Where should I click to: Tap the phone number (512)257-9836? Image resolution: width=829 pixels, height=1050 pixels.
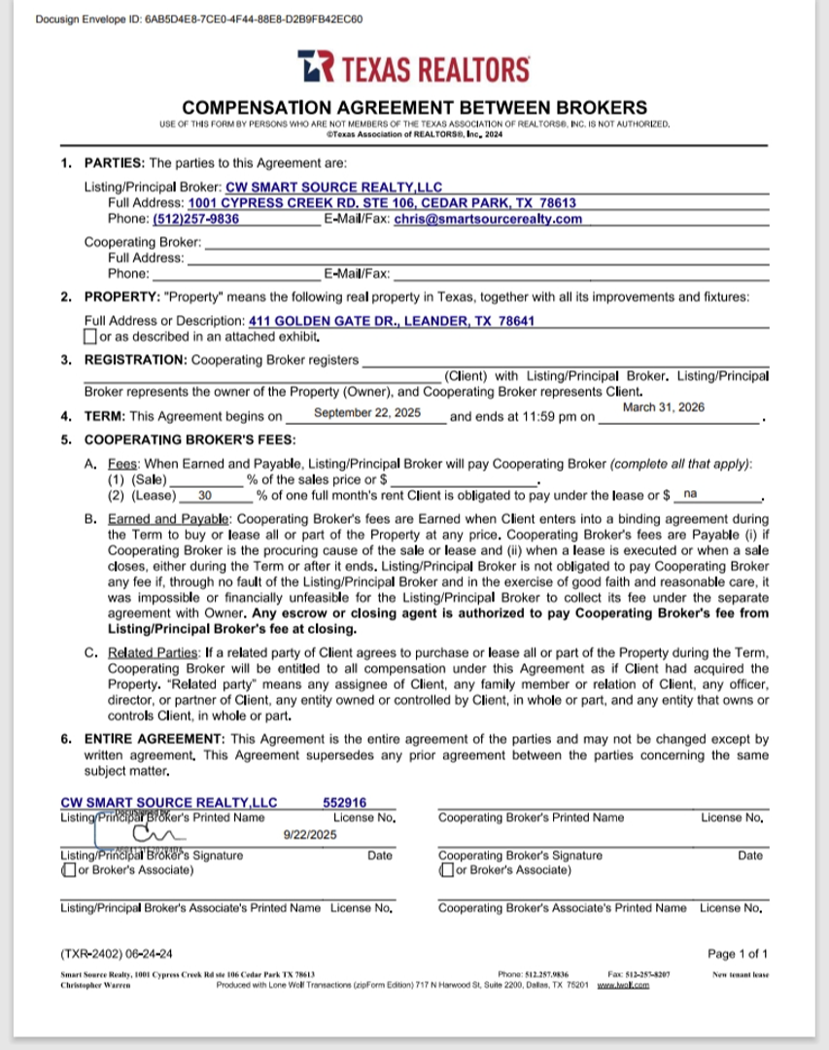[x=195, y=219]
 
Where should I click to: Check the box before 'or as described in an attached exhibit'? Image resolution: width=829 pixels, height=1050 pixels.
[x=90, y=337]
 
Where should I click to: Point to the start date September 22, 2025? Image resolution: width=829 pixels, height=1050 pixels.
[x=367, y=413]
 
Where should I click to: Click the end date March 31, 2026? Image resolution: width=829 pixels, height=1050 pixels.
[x=663, y=407]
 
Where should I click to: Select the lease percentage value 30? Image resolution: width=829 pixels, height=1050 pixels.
[x=205, y=495]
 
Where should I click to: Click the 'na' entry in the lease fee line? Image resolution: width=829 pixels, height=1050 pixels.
[x=690, y=494]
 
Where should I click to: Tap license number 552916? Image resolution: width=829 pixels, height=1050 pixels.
[x=344, y=802]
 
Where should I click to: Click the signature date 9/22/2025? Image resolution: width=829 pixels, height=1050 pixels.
[x=310, y=834]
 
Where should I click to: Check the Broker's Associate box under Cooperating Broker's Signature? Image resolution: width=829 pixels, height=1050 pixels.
[x=446, y=869]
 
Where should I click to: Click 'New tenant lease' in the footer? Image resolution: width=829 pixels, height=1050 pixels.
[x=740, y=973]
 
